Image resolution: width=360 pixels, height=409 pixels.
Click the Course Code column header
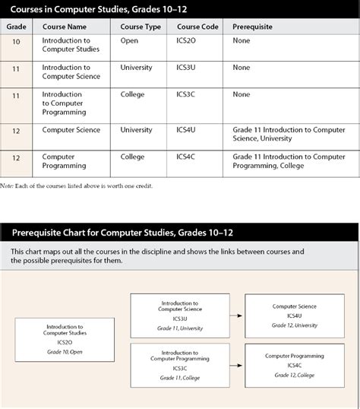point(197,27)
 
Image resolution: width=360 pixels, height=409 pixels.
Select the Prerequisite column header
point(253,27)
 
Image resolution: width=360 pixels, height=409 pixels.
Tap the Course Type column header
point(141,27)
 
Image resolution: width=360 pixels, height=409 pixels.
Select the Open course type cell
point(129,40)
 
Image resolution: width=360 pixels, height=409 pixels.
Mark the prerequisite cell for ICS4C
point(289,161)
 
